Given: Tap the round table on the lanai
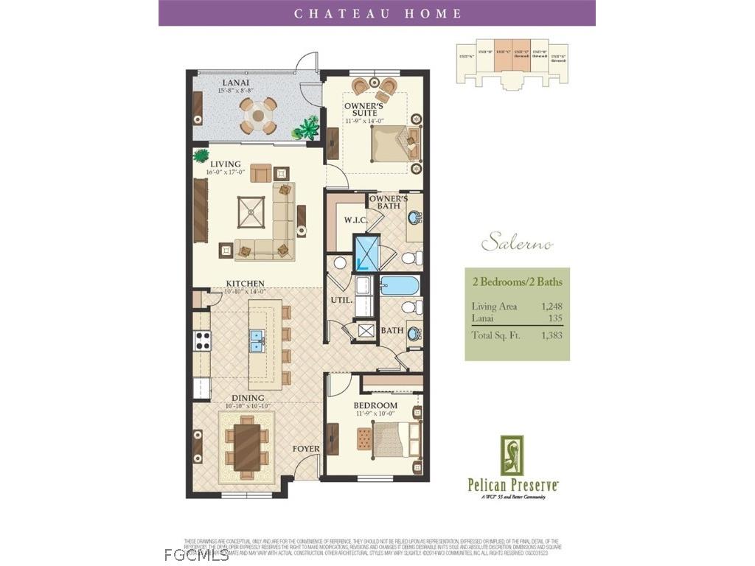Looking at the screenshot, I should pyautogui.click(x=258, y=114).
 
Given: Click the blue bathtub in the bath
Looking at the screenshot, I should pyautogui.click(x=399, y=286).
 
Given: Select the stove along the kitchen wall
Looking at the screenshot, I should pyautogui.click(x=201, y=340).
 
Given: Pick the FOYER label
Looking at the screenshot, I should pyautogui.click(x=306, y=448).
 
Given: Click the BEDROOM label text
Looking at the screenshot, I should pyautogui.click(x=375, y=405).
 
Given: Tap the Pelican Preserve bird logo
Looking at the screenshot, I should pyautogui.click(x=512, y=455).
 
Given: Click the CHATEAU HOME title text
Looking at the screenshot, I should pyautogui.click(x=377, y=13).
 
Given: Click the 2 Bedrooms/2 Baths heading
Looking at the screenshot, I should pyautogui.click(x=517, y=281).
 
